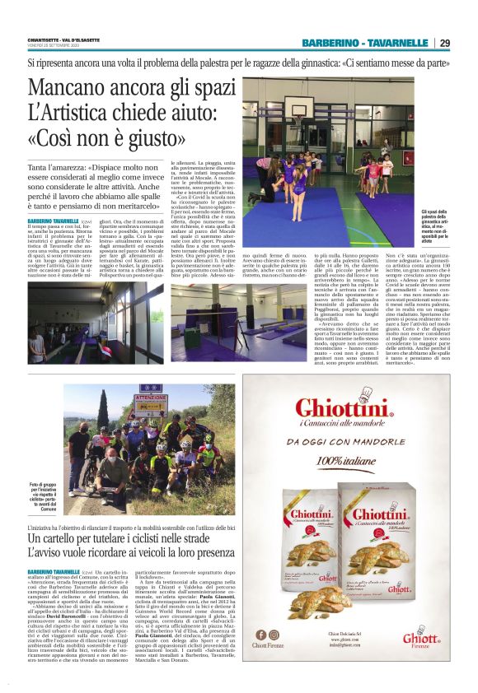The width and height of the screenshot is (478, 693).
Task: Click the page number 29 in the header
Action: [443, 43]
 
